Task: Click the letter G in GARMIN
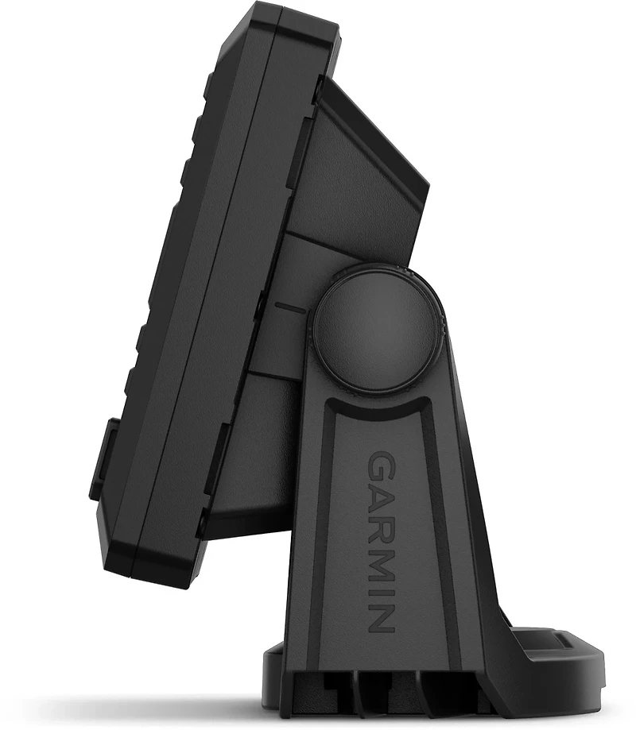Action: pyautogui.click(x=381, y=466)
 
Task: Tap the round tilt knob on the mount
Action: pyautogui.click(x=378, y=327)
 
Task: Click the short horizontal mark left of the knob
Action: pyautogui.click(x=291, y=307)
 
